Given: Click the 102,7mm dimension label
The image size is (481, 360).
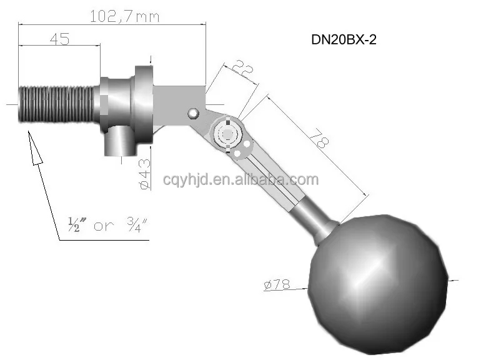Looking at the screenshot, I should [124, 16].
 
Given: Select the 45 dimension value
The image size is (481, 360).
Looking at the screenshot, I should [59, 39].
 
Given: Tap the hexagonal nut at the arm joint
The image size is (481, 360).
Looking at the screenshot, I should [226, 133].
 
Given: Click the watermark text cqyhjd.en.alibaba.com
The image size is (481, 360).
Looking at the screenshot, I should [241, 181].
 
